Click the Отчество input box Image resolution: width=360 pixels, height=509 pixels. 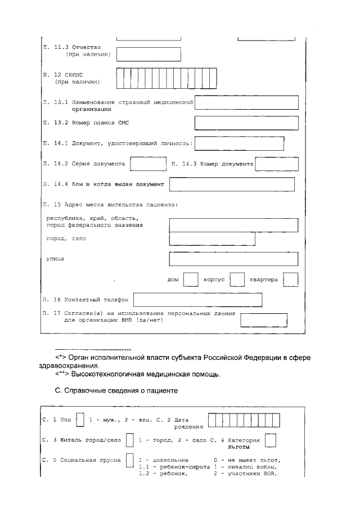pyautogui.click(x=148, y=54)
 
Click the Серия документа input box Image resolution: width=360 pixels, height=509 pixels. pyautogui.click(x=147, y=164)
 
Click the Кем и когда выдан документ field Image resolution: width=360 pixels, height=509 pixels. pyautogui.click(x=232, y=184)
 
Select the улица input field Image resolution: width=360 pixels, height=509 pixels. pyautogui.click(x=233, y=259)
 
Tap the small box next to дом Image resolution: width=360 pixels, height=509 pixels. pyautogui.click(x=191, y=280)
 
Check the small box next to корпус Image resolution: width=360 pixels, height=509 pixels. pyautogui.click(x=237, y=280)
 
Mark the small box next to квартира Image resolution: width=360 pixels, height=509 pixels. pyautogui.click(x=291, y=280)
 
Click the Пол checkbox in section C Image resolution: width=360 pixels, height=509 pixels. pyautogui.click(x=80, y=420)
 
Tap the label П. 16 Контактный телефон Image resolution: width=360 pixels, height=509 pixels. pyautogui.click(x=85, y=300)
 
